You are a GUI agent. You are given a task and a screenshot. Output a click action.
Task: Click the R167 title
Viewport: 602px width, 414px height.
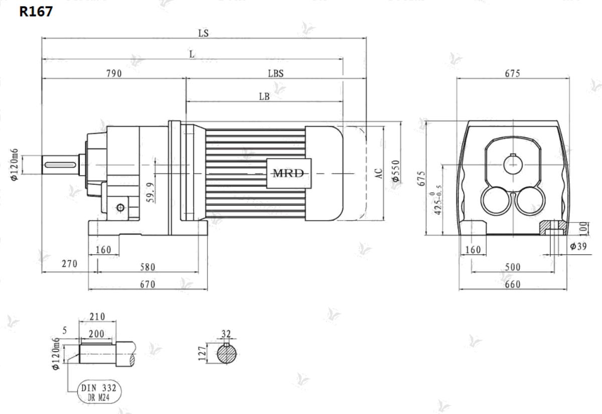pos(36,12)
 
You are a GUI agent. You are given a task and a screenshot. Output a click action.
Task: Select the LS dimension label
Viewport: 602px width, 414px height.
pos(204,33)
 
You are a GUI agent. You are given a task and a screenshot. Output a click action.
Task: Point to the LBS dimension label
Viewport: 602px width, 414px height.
pos(276,73)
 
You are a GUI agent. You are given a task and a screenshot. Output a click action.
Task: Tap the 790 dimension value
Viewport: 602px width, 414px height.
pos(114,73)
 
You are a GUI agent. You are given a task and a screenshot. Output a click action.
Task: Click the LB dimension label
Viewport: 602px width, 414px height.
pos(264,96)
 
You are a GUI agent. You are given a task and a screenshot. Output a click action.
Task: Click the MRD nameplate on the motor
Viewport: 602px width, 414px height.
pos(289,173)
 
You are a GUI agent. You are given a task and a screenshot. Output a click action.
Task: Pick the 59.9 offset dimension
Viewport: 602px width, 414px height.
pos(151,192)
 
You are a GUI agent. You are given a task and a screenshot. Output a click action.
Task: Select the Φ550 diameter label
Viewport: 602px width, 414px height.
pos(396,171)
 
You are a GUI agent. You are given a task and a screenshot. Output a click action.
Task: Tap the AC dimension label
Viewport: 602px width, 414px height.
pos(378,173)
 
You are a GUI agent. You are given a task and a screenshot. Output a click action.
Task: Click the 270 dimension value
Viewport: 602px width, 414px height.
pos(69,264)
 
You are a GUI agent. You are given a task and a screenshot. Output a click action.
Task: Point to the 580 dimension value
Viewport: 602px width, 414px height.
pos(147,267)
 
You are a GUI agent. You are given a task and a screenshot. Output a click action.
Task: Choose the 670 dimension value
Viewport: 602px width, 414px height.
pos(147,284)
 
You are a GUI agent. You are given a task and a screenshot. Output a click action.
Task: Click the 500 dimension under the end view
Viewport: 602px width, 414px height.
pos(513,267)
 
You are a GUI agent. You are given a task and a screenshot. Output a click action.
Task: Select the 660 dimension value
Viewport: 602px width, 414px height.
pos(513,284)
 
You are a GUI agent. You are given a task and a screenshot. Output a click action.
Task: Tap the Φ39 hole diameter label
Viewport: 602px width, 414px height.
pos(578,246)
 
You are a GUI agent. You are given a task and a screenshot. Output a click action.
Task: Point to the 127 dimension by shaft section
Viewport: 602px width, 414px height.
pos(202,353)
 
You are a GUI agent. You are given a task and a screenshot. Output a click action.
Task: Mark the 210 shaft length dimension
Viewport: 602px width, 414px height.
pos(97,317)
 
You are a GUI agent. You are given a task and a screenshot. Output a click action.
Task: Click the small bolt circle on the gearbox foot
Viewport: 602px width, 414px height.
pos(120,208)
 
